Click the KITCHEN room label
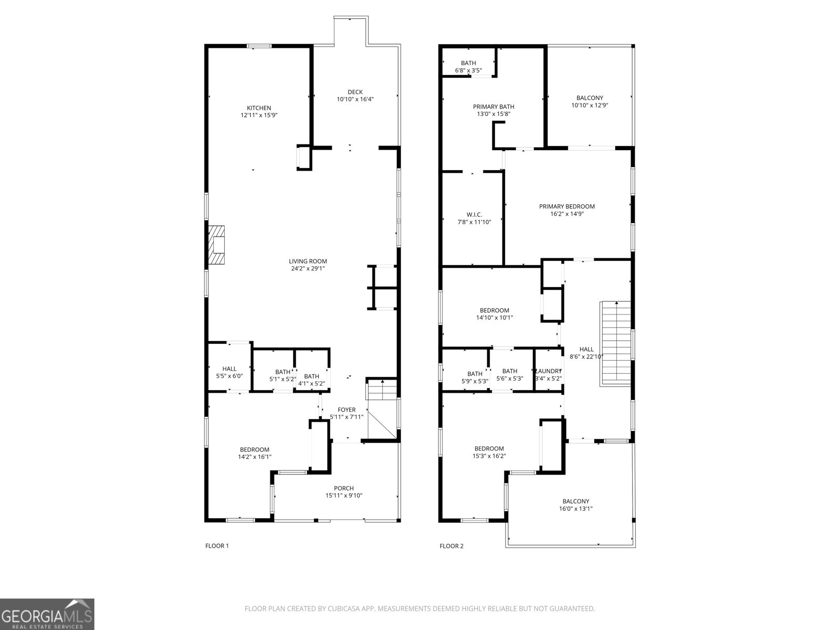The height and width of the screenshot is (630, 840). (259, 108)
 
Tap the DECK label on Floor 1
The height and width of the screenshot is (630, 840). (355, 92)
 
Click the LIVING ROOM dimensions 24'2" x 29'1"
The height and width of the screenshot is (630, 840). (308, 268)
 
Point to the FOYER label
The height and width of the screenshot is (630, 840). (346, 410)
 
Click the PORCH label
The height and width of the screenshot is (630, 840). (344, 488)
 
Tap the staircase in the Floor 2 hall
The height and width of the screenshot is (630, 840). (615, 343)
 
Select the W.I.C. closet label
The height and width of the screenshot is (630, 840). (474, 215)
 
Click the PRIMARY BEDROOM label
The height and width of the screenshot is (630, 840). (566, 207)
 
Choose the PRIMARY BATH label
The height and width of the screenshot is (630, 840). (493, 107)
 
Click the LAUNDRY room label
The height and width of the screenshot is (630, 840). (548, 371)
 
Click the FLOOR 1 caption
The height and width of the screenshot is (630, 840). (217, 546)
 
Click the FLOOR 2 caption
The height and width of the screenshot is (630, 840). (451, 546)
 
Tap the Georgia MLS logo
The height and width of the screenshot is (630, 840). (47, 614)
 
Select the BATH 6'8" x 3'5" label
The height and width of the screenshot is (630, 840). (468, 63)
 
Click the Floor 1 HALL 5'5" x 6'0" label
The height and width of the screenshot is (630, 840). (229, 369)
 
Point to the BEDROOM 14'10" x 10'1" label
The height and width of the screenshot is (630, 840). (494, 310)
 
